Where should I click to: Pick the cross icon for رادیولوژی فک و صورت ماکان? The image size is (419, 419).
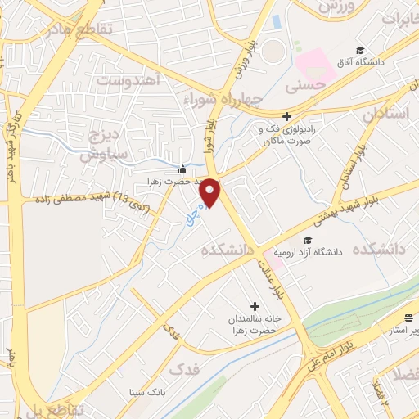click(286, 117)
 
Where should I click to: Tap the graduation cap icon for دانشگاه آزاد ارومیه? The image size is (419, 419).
click(308, 240)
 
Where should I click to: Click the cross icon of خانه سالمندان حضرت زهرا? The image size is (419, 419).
click(255, 306)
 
